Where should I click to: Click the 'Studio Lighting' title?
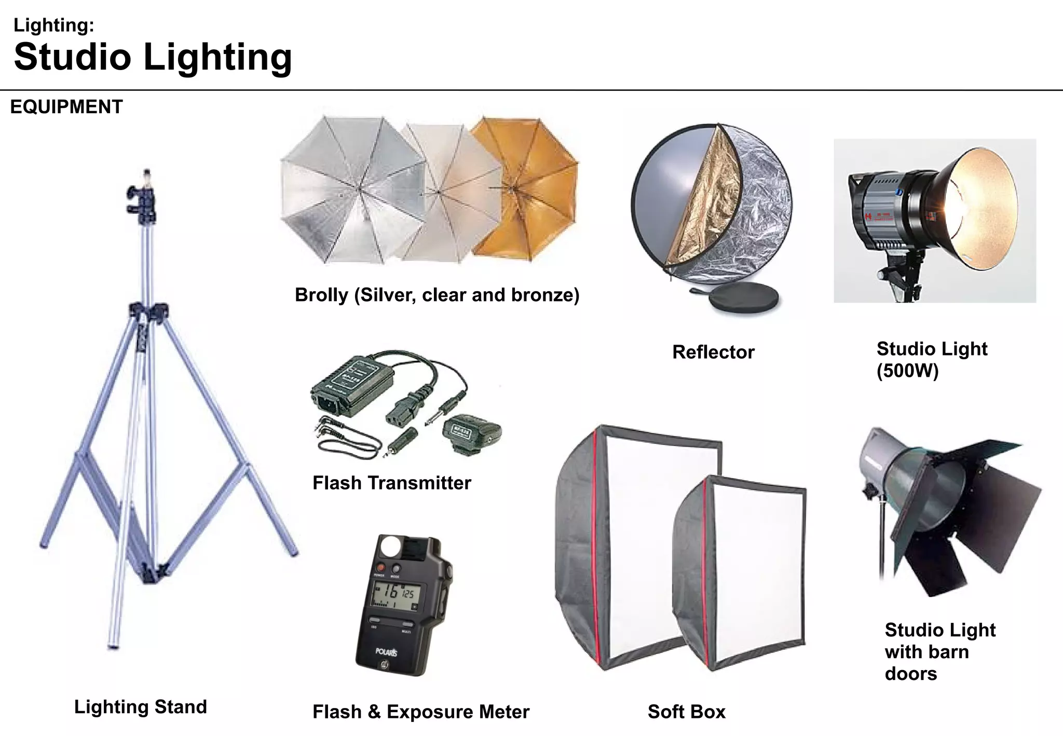tap(153, 57)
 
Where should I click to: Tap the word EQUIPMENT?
tap(66, 107)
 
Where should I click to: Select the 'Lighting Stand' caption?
tap(140, 706)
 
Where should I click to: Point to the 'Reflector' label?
tap(713, 352)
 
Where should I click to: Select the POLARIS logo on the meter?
tap(387, 652)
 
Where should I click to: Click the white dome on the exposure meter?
tap(390, 546)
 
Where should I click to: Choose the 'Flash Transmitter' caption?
tap(391, 483)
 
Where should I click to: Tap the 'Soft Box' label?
tap(686, 712)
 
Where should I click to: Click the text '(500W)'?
tap(907, 371)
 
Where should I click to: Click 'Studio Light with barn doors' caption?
tap(939, 651)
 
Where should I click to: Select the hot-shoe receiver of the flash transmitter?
tap(471, 433)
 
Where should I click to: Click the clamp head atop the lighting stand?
tap(141, 200)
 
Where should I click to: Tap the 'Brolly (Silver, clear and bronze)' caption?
tap(437, 295)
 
